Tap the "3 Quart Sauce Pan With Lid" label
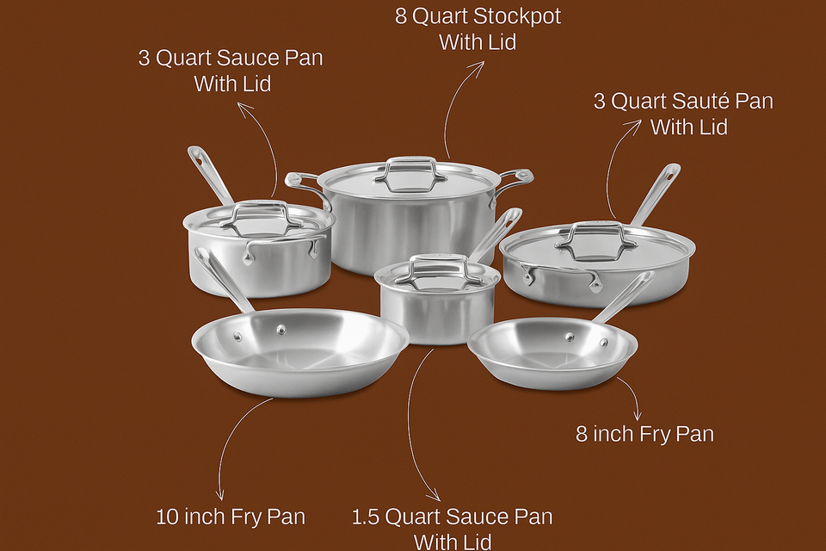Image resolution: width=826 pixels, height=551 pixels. tap(231, 71)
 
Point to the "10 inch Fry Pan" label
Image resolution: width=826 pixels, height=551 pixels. tap(231, 517)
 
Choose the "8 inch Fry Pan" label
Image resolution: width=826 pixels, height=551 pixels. tap(644, 433)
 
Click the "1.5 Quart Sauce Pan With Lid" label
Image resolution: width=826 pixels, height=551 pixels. tap(452, 528)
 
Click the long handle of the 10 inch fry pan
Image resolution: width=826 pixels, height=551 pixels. tap(222, 279)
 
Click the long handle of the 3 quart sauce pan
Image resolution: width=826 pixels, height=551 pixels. tap(209, 174)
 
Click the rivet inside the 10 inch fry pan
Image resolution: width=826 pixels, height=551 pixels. tap(281, 330)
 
